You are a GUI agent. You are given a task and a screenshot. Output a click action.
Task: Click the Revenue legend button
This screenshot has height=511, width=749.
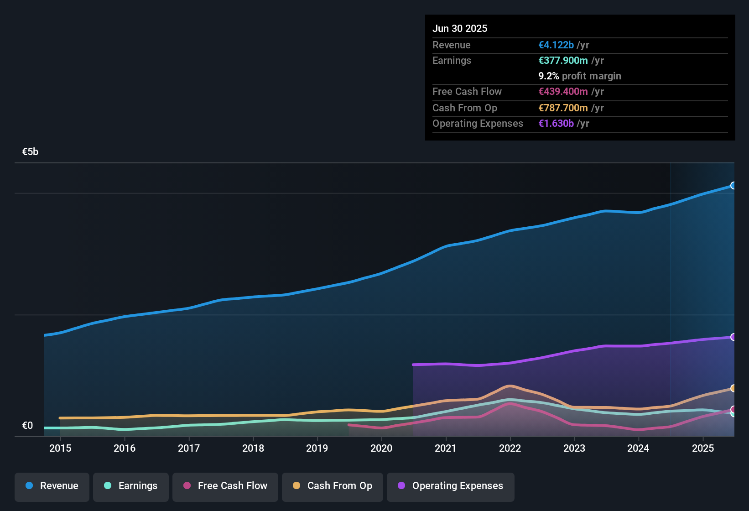52,486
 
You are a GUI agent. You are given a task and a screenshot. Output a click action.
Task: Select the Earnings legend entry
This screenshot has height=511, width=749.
131,486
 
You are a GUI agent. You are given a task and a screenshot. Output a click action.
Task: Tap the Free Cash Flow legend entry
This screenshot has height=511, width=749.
225,486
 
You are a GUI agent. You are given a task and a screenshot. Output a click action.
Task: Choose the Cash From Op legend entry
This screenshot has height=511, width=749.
333,486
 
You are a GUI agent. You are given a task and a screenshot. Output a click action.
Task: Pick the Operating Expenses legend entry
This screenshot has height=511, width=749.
451,486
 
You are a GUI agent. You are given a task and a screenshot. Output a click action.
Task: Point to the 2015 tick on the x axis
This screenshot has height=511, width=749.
60,448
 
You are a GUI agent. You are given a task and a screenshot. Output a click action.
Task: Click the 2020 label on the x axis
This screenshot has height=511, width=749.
381,448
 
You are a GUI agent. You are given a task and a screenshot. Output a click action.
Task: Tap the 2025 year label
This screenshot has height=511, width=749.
703,448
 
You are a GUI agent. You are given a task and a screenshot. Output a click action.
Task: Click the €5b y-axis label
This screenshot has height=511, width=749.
30,152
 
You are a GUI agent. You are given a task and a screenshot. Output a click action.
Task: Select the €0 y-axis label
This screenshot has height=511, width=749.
27,426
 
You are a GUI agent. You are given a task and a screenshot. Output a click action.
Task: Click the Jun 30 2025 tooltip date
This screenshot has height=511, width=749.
460,28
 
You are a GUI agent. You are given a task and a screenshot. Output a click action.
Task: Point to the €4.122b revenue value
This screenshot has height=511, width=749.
556,45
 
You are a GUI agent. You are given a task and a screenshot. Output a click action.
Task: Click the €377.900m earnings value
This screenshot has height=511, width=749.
563,60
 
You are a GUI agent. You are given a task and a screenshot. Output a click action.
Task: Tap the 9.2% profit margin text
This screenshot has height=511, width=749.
579,76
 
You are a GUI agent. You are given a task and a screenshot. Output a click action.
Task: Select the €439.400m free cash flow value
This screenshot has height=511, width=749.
563,91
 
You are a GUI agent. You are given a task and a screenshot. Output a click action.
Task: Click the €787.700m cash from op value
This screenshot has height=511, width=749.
563,108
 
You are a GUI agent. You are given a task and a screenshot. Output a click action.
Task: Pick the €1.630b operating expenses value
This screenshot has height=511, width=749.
556,123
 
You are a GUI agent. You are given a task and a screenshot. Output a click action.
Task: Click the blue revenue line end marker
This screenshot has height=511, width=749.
733,186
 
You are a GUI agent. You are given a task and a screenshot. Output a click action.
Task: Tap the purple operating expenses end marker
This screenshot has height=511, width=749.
733,337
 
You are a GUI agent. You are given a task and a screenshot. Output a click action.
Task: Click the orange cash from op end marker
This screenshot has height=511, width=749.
733,388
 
